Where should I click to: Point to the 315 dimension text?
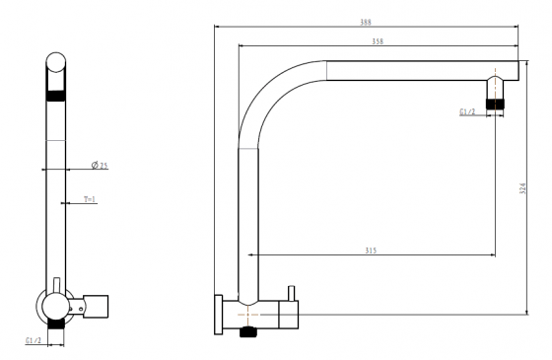pyautogui.click(x=371, y=251)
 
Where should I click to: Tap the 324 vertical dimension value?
pyautogui.click(x=522, y=189)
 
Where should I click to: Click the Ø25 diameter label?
pyautogui.click(x=100, y=166)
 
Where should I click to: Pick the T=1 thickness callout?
pyautogui.click(x=90, y=200)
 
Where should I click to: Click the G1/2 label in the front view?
pyautogui.click(x=33, y=340)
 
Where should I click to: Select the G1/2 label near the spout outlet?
pyautogui.click(x=467, y=111)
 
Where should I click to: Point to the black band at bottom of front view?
pyautogui.click(x=56, y=322)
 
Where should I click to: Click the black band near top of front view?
pyautogui.click(x=56, y=97)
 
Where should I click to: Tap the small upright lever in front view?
pyautogui.click(x=57, y=285)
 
